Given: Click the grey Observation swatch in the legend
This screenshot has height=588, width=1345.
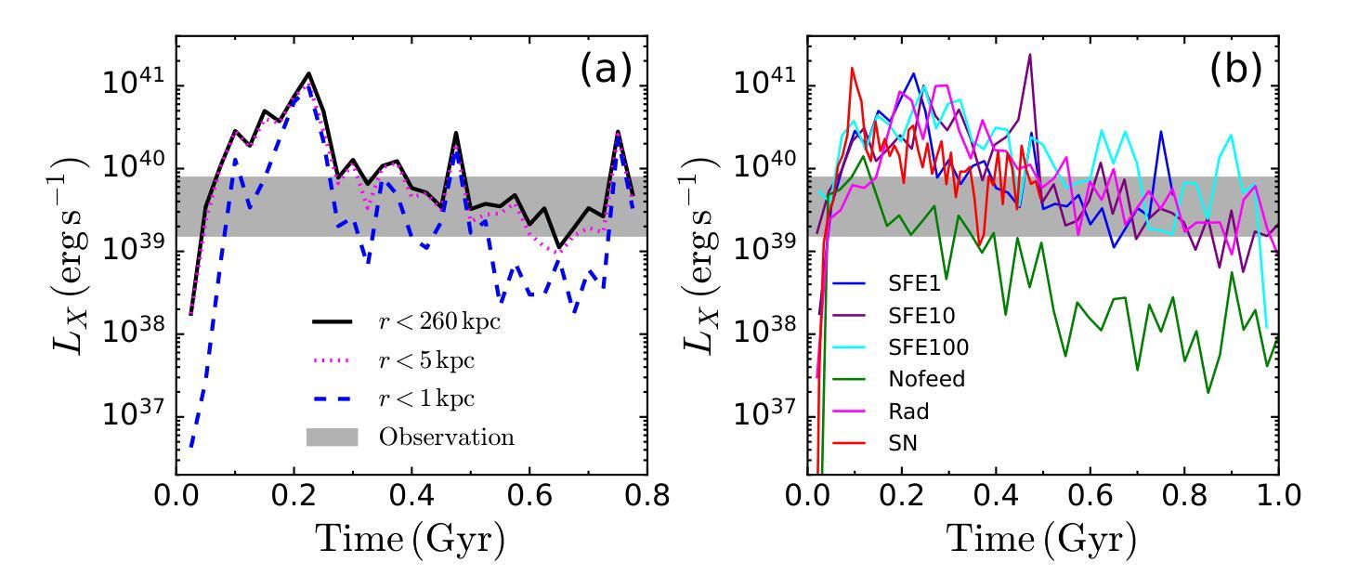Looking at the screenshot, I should [332, 437].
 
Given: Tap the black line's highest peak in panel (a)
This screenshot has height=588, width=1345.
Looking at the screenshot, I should [308, 73].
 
